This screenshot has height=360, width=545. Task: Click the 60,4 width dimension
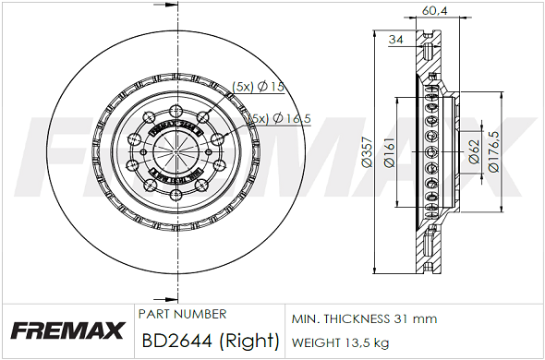pyautogui.click(x=434, y=10)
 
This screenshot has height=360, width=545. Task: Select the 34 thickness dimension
pyautogui.click(x=396, y=39)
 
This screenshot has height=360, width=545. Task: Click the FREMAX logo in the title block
pyautogui.click(x=67, y=330)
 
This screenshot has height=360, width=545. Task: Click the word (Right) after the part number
pyautogui.click(x=248, y=341)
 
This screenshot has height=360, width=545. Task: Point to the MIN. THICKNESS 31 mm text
pyautogui.click(x=364, y=318)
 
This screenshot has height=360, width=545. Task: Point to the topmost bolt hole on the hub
pyautogui.click(x=174, y=109)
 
